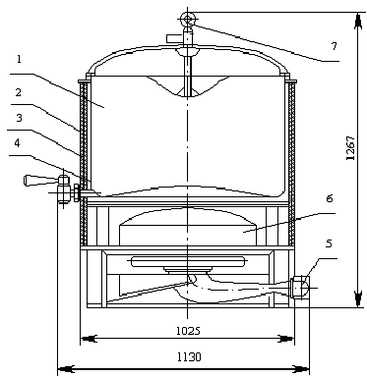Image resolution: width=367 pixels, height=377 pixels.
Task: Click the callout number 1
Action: tap(19, 60)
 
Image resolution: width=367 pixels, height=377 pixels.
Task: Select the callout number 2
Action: tap(19, 92)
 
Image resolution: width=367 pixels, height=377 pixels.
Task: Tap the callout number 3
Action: tap(19, 118)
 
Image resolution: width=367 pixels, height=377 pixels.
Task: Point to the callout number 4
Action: tap(17, 143)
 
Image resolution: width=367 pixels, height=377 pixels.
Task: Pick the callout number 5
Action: tap(329, 243)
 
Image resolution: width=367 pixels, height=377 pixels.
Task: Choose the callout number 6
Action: tap(330, 198)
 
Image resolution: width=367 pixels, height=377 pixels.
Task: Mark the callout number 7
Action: tap(334, 46)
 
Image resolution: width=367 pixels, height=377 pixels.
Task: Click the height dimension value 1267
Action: tap(350, 148)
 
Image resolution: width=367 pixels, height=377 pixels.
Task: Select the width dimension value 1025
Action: tap(188, 331)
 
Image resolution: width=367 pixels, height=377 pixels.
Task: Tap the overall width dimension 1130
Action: tap(189, 356)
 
